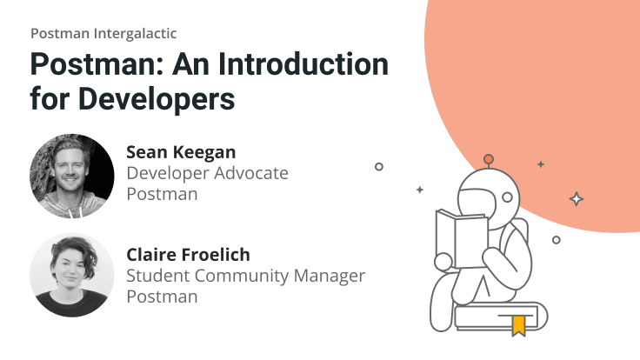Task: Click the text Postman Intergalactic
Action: (103, 34)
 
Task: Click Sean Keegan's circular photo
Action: (71, 176)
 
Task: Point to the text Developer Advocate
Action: (207, 173)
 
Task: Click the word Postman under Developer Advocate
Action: (162, 193)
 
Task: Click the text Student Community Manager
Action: (246, 276)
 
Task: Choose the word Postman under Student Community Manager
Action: (162, 296)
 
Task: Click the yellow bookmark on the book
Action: (518, 325)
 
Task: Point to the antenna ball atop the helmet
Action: (489, 159)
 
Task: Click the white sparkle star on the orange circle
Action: (576, 199)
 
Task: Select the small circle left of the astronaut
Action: (379, 166)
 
